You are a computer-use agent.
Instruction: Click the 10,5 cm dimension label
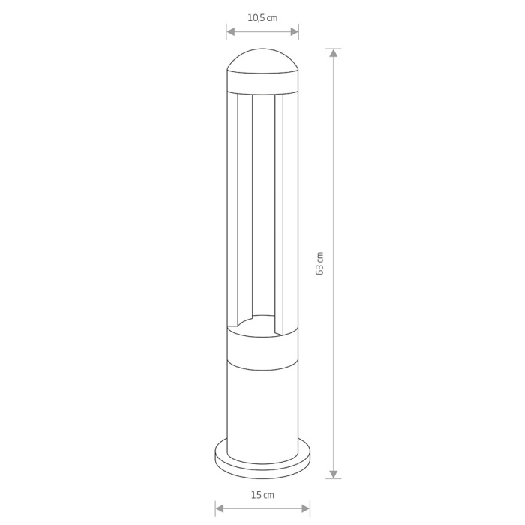(x=262, y=18)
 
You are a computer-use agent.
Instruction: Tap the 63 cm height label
(x=319, y=263)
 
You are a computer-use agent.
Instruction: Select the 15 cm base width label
(x=262, y=495)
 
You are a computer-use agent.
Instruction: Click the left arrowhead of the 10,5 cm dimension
(x=231, y=32)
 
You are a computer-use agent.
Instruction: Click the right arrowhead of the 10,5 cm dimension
(x=295, y=32)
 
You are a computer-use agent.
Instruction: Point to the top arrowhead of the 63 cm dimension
(x=334, y=53)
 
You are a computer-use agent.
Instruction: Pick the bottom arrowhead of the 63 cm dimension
(x=334, y=474)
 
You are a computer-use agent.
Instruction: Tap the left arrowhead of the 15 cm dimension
(x=219, y=509)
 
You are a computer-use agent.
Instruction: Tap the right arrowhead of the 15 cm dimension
(x=306, y=509)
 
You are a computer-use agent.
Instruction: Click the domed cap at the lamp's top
(x=262, y=60)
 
